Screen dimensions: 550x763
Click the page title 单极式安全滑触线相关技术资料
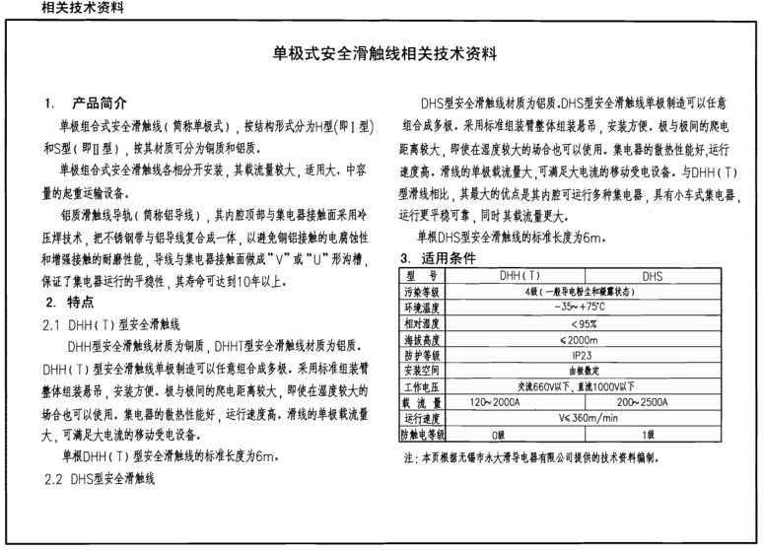[x=383, y=54]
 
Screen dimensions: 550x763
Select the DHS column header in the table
[x=652, y=276]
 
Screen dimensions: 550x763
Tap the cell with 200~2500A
[x=652, y=401]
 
